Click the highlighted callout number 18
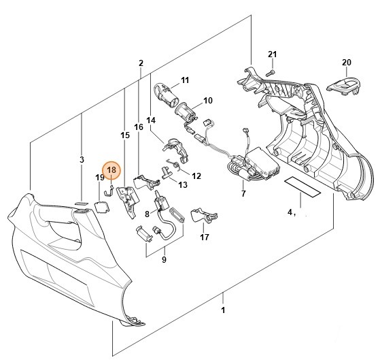[x=111, y=170]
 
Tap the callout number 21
[x=272, y=54]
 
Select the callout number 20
[x=346, y=63]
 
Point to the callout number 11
[x=185, y=80]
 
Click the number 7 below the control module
[x=243, y=193]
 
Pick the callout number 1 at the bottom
[x=223, y=310]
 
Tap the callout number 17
[x=205, y=237]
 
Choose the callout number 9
[x=164, y=259]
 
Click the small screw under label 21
[x=271, y=72]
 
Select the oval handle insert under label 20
[x=344, y=86]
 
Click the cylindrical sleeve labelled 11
[x=166, y=95]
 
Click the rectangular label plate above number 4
[x=303, y=187]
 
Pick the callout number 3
[x=82, y=160]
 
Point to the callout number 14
[x=151, y=120]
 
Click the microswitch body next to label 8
[x=161, y=203]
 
